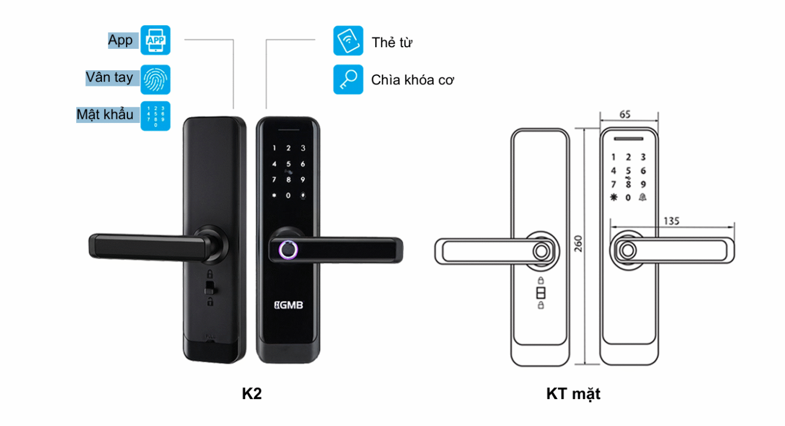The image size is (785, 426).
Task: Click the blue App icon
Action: point(155,40)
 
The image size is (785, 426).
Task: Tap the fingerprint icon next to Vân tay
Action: point(155,79)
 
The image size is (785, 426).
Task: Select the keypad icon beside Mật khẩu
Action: point(155,116)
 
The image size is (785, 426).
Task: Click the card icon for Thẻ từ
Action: point(348,40)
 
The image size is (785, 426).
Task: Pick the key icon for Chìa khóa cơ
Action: point(348,79)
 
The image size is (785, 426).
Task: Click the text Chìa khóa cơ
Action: point(412,80)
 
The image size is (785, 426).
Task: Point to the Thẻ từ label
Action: point(392,43)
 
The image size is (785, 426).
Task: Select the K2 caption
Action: point(252,393)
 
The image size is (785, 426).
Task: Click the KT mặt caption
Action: point(573,394)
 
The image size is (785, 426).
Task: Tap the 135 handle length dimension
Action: point(671,221)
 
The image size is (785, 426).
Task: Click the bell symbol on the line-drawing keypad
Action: point(643,197)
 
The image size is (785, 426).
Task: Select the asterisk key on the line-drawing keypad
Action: point(613,197)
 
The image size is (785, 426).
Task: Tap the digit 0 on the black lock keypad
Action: point(288,195)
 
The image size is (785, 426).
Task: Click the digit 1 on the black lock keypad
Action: point(274,149)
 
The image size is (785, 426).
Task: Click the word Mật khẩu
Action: point(105,114)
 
